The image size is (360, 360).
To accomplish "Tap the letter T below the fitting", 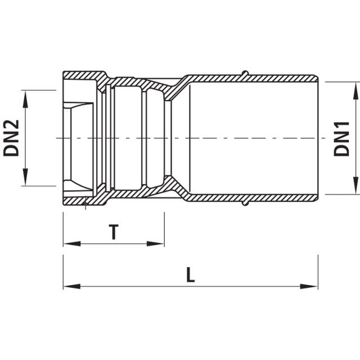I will (x=114, y=232).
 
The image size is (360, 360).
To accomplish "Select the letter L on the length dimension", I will (x=191, y=275).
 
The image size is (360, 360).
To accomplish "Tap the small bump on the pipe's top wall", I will (x=244, y=73).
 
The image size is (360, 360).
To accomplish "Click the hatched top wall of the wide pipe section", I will (x=253, y=78).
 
